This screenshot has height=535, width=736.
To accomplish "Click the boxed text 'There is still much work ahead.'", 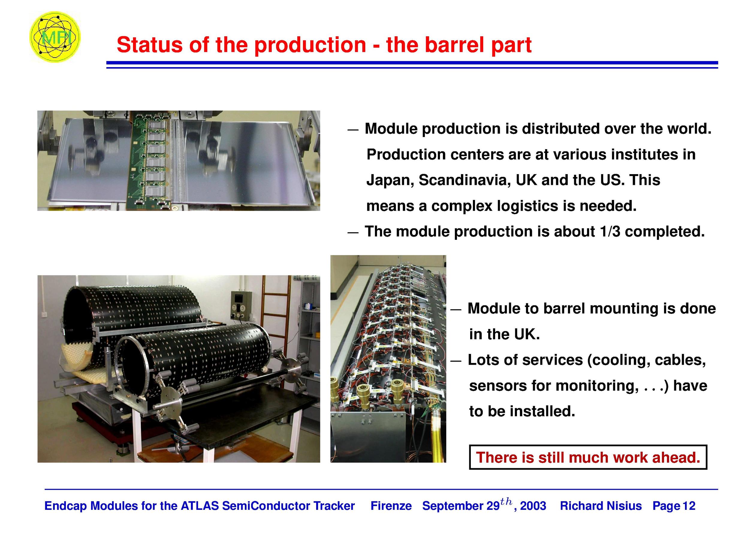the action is tap(588, 457).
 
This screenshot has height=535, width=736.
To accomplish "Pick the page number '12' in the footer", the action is tap(689, 506).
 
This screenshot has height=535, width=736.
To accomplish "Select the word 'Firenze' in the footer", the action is tap(391, 506).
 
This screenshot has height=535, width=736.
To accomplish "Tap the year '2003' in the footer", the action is tap(533, 506).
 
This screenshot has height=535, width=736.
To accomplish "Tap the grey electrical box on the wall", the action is tap(241, 305).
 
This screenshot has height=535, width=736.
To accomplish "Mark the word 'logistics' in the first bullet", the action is tap(527, 207).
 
